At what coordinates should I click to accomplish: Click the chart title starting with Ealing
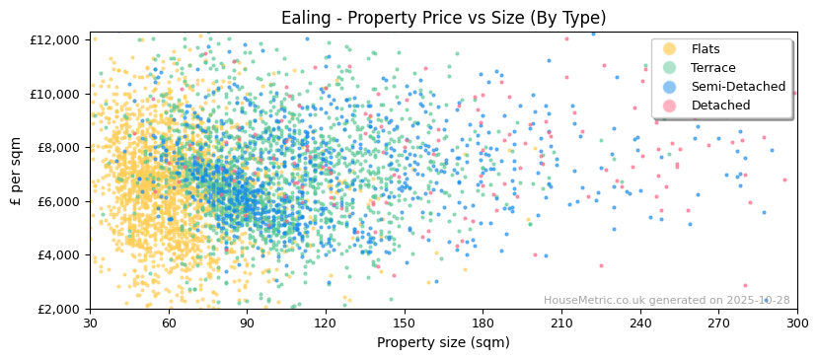coord(443,18)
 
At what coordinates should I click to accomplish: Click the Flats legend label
coord(705,49)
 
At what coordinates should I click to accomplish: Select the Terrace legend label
coord(712,68)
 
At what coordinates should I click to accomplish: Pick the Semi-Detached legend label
coord(738,87)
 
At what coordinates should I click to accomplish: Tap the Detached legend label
coord(720,106)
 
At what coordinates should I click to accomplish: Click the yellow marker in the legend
coord(669,49)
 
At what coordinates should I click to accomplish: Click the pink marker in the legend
coord(669,106)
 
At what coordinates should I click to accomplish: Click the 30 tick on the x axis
coord(90,324)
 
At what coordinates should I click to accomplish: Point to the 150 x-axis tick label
coord(404,324)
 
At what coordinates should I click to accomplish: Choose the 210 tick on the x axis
coord(561,324)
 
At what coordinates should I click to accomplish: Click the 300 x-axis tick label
coord(797,324)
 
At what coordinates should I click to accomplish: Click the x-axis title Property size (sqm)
coord(443,343)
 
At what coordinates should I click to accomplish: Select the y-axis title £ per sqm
coord(17,175)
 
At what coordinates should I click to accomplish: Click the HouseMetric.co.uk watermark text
coord(666,301)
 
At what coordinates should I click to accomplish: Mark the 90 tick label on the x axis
coord(247,324)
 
